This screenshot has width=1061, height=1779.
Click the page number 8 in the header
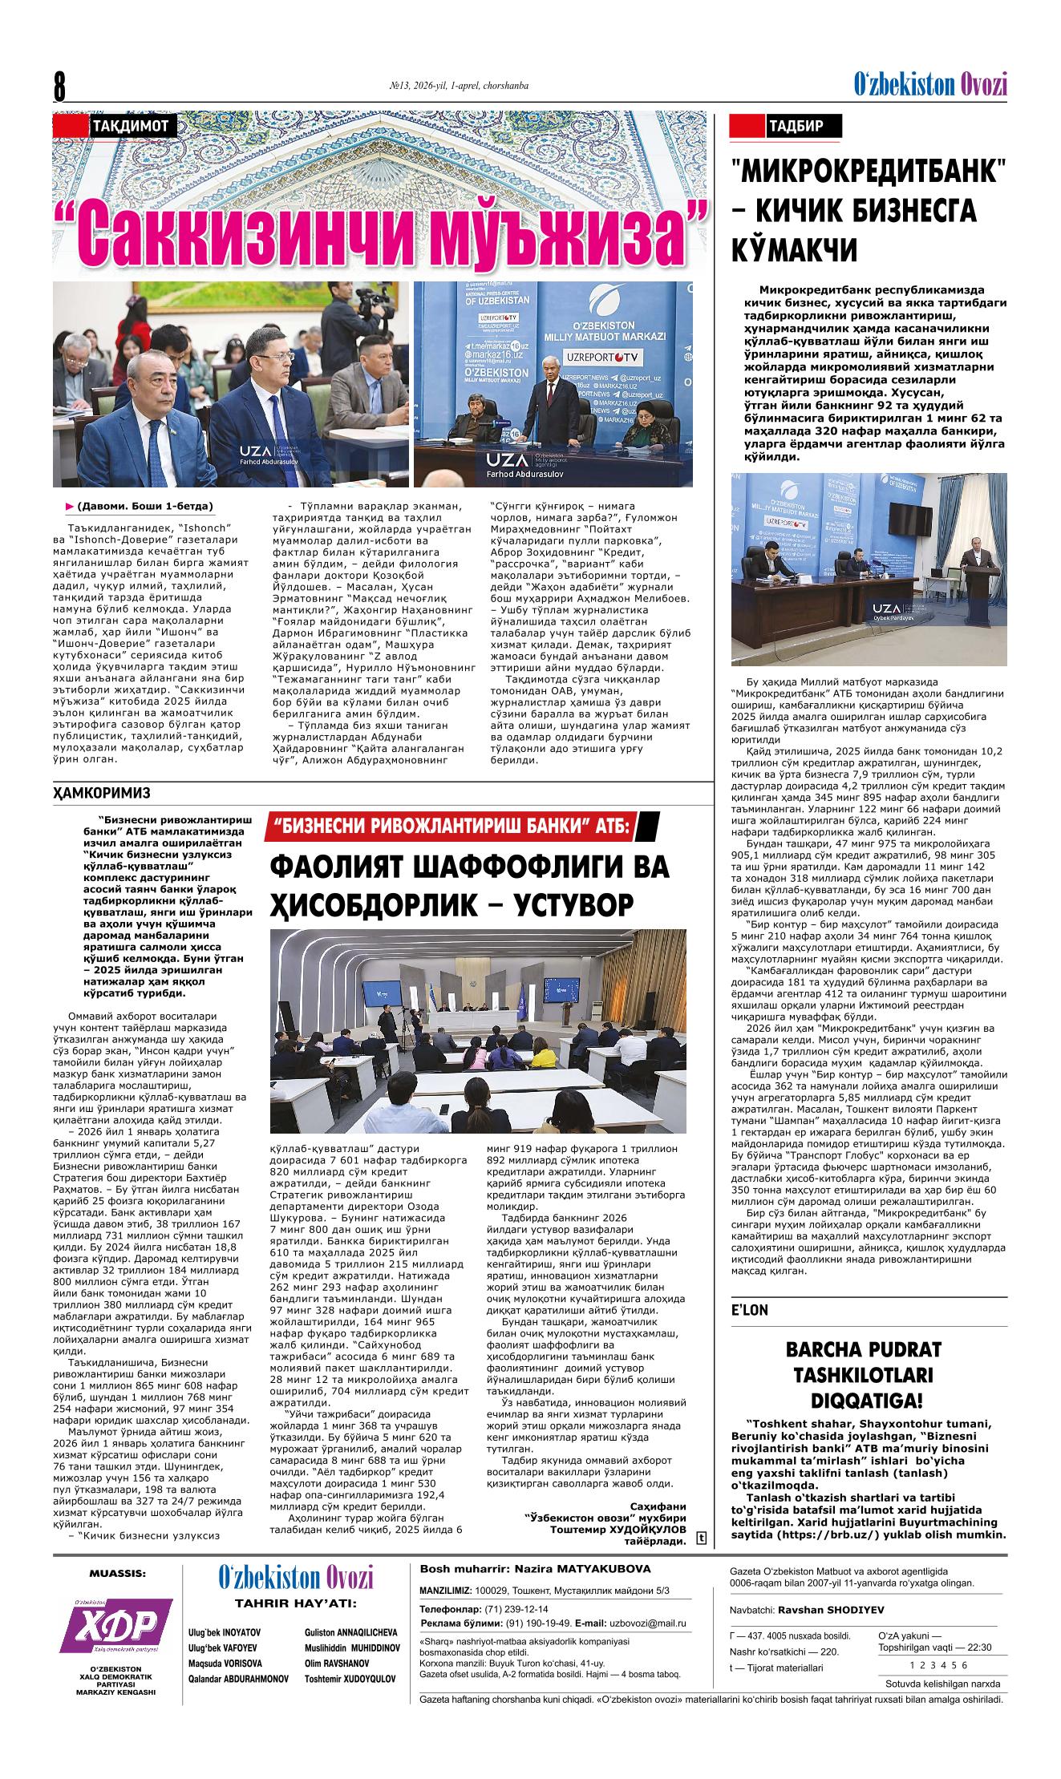pyautogui.click(x=59, y=86)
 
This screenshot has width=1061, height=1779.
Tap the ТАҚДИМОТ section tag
pyautogui.click(x=129, y=126)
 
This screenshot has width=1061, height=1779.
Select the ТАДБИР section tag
pyautogui.click(x=793, y=126)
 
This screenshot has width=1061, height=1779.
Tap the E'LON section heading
pyautogui.click(x=749, y=1310)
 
